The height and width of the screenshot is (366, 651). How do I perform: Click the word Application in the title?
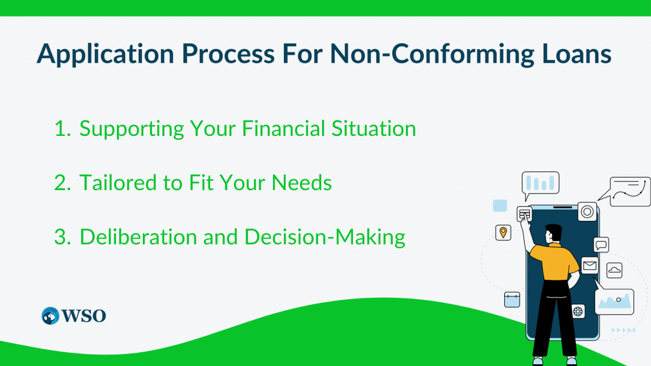[106, 54]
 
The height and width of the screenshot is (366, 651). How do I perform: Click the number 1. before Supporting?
[63, 128]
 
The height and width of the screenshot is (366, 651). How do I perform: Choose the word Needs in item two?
[302, 183]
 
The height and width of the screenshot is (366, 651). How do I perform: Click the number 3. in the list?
[63, 237]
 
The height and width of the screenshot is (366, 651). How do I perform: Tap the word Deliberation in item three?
[138, 237]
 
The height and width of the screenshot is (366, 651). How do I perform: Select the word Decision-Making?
[325, 238]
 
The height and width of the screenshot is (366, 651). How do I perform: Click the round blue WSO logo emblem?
[50, 316]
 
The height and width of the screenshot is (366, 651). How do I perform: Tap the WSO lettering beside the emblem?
[84, 316]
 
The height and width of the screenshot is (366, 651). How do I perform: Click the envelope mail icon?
[589, 266]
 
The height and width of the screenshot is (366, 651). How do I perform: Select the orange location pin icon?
[503, 232]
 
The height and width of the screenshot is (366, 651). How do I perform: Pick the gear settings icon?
[578, 311]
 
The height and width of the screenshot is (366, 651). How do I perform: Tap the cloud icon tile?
[614, 271]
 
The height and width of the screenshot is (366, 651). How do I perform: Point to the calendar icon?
[512, 300]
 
